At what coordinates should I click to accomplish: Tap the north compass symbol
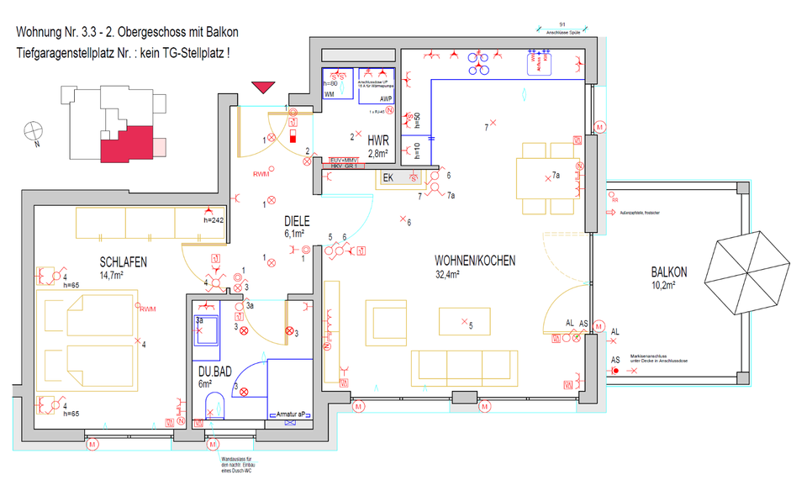pos(34,131)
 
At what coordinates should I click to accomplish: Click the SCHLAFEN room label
pos(123,262)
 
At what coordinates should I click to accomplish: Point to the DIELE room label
pos(296,221)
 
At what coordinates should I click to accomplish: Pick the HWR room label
pos(377,140)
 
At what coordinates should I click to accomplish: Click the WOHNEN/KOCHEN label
pos(475,261)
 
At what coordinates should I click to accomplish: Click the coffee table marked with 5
pos(463,322)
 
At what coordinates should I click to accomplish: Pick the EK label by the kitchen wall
pos(388,177)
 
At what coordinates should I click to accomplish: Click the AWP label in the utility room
pos(386,98)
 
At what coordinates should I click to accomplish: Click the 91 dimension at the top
pos(562,25)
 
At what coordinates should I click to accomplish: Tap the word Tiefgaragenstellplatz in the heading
pos(80,52)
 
